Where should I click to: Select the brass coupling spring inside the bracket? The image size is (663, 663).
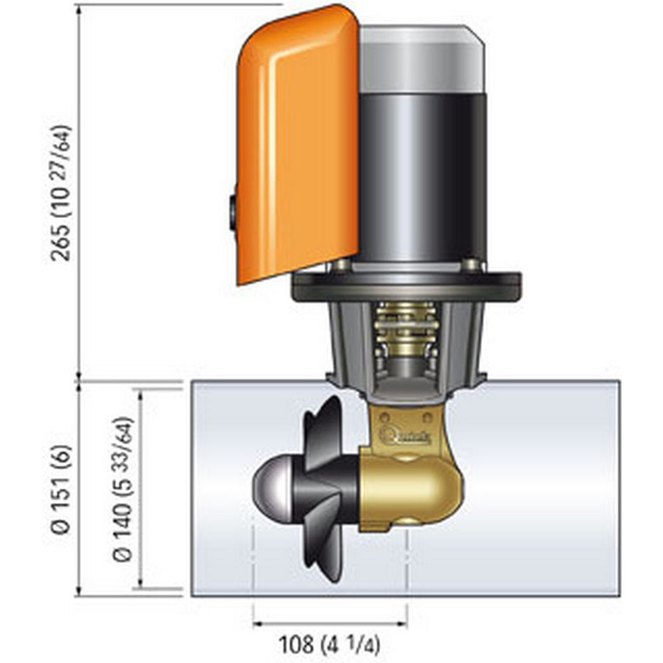405,331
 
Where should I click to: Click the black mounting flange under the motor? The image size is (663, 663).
406,286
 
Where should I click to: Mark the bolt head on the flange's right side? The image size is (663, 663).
471,265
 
